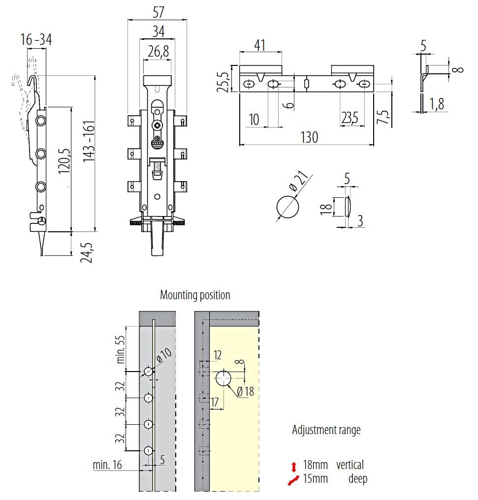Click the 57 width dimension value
(158, 11)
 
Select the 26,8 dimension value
(158, 52)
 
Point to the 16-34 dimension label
(36, 40)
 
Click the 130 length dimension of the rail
(309, 137)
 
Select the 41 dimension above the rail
(259, 45)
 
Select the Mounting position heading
(195, 295)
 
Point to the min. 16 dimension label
(107, 465)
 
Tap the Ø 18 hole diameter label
(245, 392)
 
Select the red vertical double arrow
(294, 467)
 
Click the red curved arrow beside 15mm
(294, 480)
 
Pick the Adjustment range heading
(326, 430)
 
